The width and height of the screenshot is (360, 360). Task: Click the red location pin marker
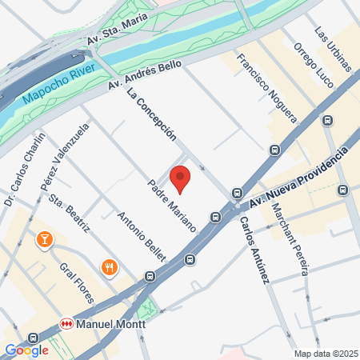click(180, 178)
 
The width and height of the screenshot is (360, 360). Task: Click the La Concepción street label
click(151, 116)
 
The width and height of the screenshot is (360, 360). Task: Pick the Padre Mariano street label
click(172, 206)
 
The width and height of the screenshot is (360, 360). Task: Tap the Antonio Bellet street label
click(142, 237)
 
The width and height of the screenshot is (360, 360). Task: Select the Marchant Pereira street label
click(290, 239)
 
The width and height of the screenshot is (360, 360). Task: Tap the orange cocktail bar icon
click(44, 239)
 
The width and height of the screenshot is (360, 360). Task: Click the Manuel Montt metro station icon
click(67, 324)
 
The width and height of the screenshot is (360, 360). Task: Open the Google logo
click(26, 350)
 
